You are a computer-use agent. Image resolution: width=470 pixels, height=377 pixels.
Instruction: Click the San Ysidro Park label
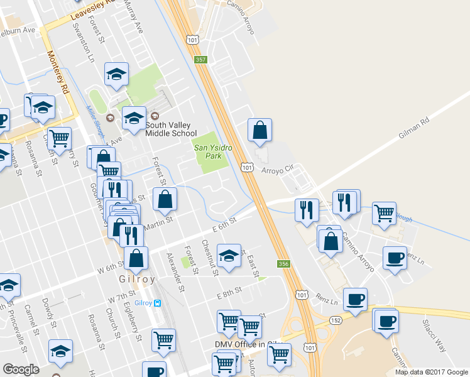(x=209, y=151)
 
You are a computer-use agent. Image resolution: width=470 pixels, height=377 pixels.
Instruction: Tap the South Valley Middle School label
(x=171, y=129)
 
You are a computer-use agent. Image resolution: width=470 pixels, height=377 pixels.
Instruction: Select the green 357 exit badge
(x=200, y=60)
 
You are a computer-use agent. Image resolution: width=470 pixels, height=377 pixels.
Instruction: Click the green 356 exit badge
(x=283, y=264)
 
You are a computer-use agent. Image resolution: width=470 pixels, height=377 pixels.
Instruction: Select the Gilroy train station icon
(x=158, y=303)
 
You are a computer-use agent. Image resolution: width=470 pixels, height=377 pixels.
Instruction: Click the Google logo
(x=21, y=369)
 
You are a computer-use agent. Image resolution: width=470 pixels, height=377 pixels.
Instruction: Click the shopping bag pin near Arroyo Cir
(x=260, y=131)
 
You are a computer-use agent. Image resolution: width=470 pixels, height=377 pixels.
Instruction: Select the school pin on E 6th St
(x=229, y=256)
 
